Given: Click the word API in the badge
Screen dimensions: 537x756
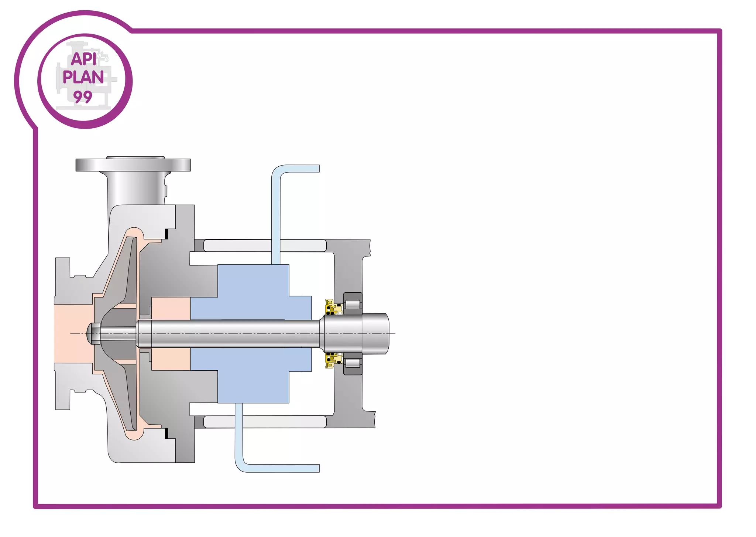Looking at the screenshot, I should (83, 59).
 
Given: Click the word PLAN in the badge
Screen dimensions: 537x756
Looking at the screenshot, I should (83, 77).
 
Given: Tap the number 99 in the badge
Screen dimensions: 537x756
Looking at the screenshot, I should (83, 97).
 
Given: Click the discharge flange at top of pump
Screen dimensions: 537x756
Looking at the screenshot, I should (133, 165).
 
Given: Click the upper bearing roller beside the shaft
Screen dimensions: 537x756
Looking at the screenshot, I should (353, 305).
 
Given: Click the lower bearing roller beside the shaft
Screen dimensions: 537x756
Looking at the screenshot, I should (353, 363).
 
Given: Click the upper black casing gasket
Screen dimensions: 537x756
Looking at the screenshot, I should (166, 234).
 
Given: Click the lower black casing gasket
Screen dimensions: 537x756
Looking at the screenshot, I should (166, 433).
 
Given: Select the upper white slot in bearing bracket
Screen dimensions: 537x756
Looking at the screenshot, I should (265, 246).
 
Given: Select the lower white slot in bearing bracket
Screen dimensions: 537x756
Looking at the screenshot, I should (265, 422).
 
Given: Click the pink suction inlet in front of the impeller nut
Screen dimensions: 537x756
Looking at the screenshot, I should (70, 333).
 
